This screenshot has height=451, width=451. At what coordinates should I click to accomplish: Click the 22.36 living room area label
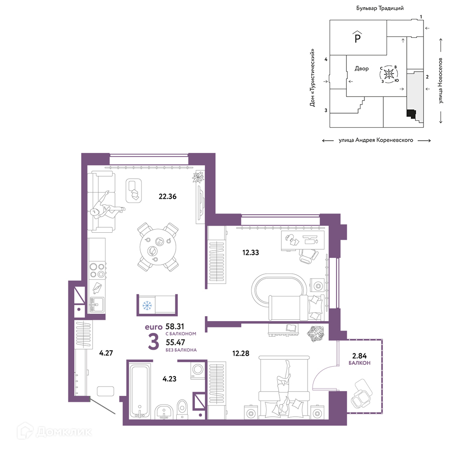pos(167,197)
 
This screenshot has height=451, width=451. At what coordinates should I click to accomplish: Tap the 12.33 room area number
pos(250,253)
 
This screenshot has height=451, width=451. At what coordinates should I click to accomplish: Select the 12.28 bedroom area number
pos(241,353)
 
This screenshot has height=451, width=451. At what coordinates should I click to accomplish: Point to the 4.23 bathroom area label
pos(170,379)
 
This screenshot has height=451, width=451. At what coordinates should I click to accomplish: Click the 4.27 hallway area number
pos(106,353)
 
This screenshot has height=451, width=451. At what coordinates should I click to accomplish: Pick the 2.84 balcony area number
pos(359,356)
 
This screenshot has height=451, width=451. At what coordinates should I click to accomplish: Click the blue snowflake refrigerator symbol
pos(147,305)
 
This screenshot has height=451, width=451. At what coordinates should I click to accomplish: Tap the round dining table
pos(158,247)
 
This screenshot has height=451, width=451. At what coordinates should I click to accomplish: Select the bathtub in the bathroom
pos(139,391)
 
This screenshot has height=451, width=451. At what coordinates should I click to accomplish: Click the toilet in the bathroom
pos(182,409)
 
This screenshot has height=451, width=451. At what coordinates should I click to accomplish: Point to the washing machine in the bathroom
pos(198,370)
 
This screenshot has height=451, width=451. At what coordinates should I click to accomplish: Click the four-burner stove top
pos(97,270)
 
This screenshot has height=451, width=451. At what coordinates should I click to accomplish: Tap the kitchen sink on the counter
pos(97,304)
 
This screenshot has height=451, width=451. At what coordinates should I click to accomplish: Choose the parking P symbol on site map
pos(358,37)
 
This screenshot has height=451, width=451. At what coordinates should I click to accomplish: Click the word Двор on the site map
pos(362,69)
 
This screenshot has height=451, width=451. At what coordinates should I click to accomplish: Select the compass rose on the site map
pos(389,74)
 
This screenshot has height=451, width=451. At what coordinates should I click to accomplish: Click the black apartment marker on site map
pos(411,114)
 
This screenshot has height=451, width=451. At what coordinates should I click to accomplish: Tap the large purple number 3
pos(154,341)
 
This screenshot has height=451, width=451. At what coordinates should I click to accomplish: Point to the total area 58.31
pos(175,327)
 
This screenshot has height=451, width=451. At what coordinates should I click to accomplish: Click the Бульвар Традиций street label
pos(380,8)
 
